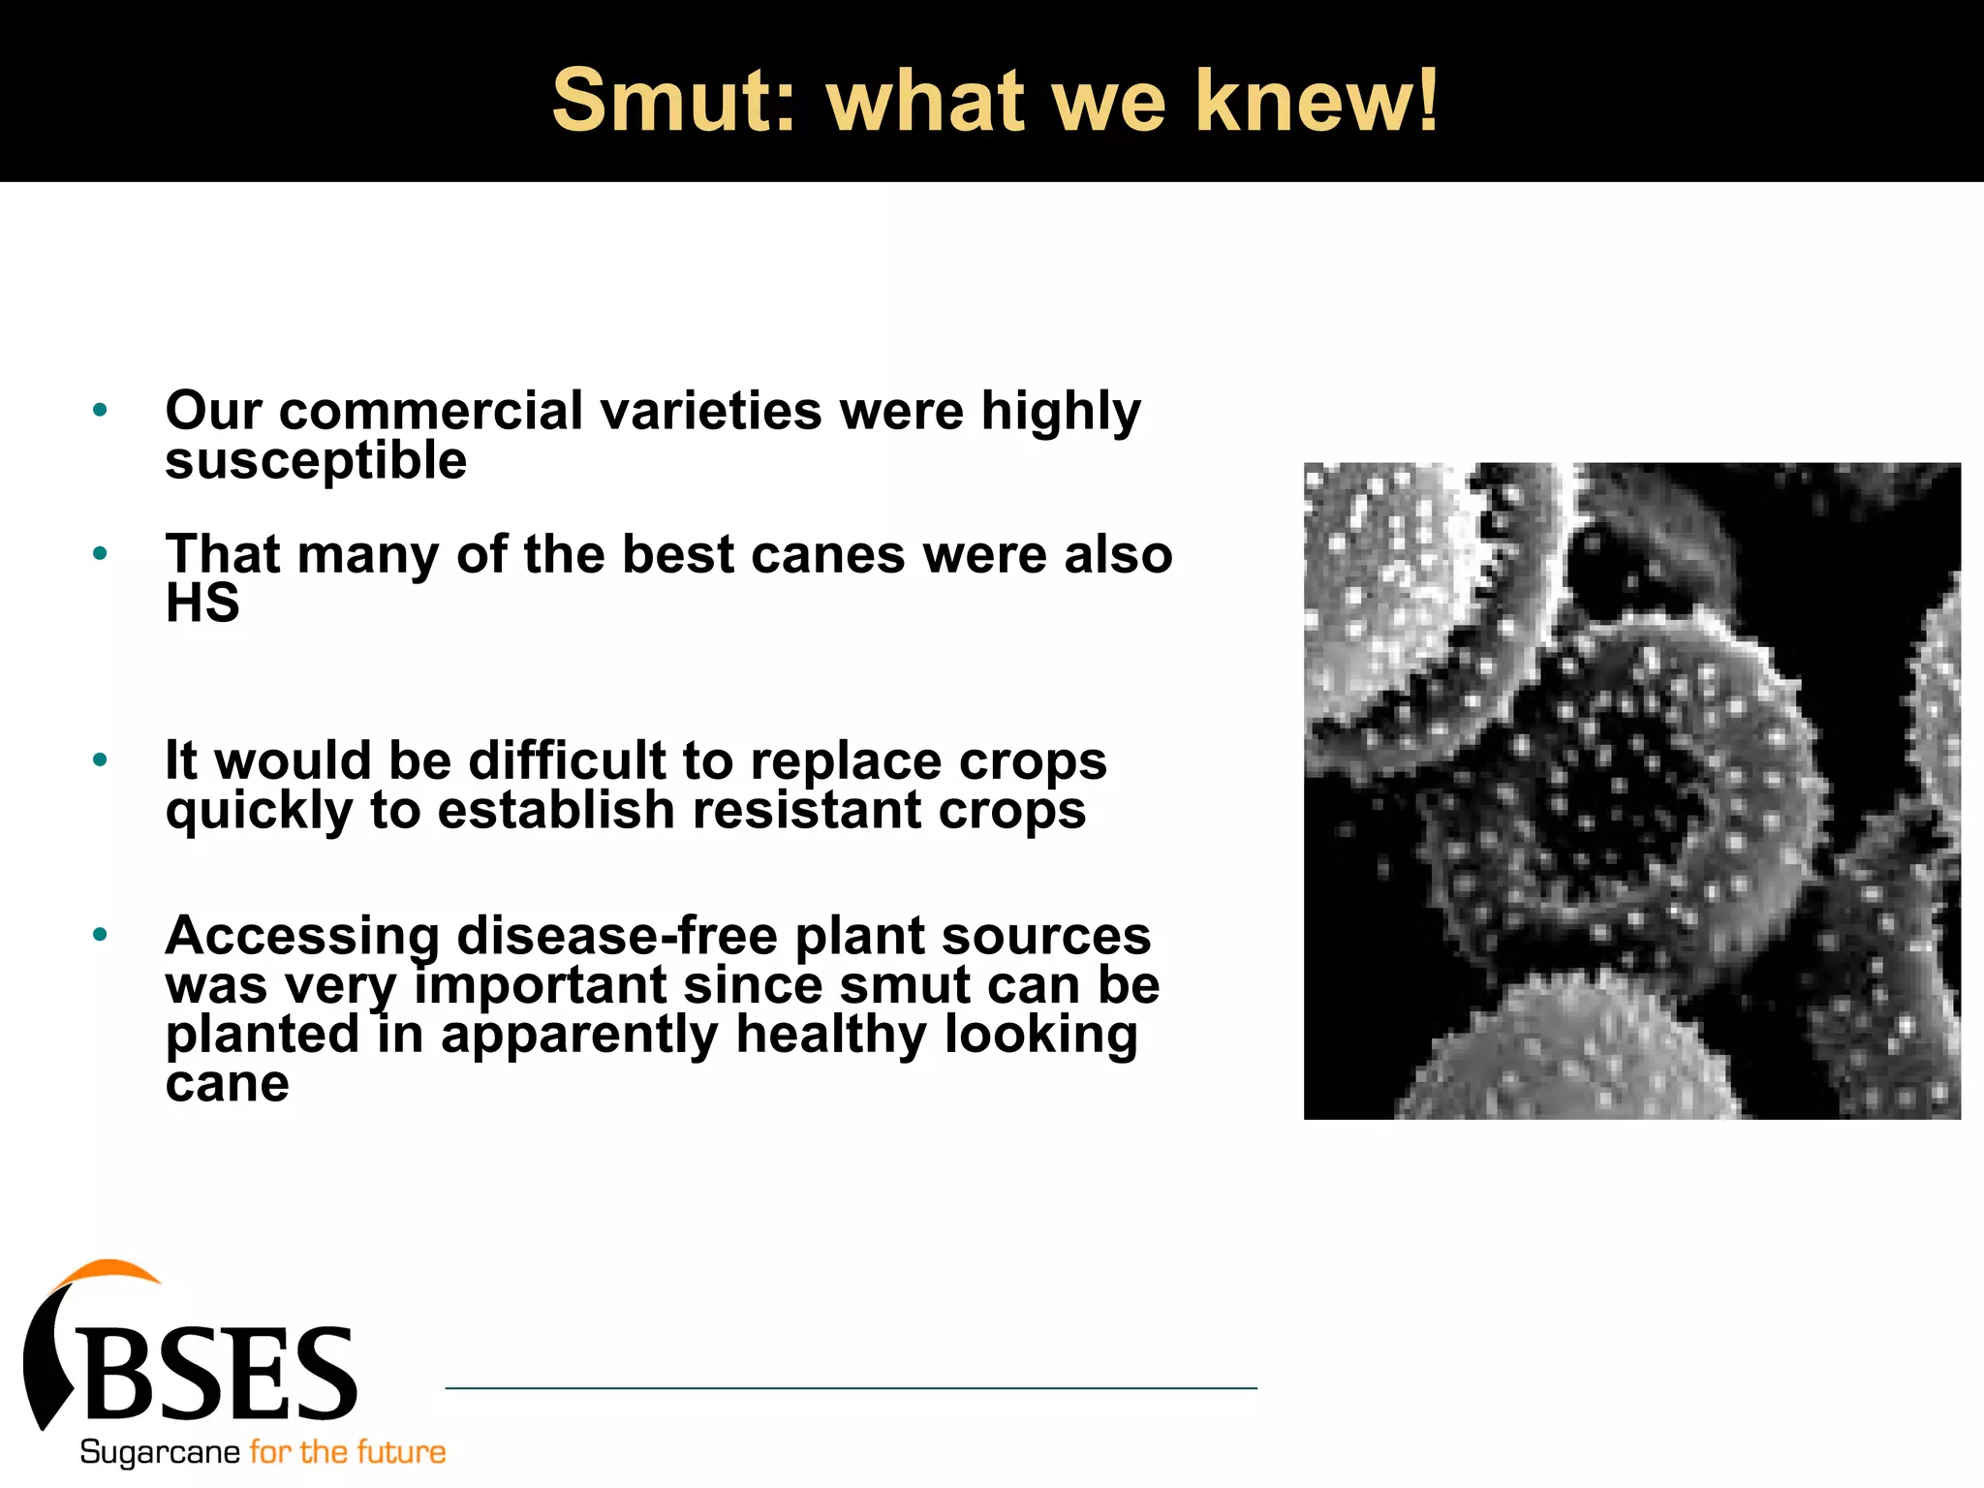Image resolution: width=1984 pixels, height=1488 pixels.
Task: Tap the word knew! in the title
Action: pyautogui.click(x=1317, y=100)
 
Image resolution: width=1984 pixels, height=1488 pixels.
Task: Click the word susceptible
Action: pyautogui.click(x=316, y=461)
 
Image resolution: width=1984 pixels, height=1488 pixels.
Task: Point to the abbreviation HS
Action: pyautogui.click(x=202, y=604)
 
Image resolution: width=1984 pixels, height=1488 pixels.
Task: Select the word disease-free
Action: pyautogui.click(x=617, y=936)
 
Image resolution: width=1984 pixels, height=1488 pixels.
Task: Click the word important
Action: pyautogui.click(x=542, y=985)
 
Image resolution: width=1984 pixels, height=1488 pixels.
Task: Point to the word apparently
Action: pyautogui.click(x=579, y=1035)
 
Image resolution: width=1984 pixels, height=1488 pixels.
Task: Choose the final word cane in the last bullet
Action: pyautogui.click(x=227, y=1084)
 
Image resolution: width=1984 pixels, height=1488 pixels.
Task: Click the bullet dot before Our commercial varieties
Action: pyautogui.click(x=100, y=411)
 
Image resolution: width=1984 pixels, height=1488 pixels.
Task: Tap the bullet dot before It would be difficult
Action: pyautogui.click(x=100, y=760)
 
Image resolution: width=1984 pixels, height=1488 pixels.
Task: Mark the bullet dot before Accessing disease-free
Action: pyautogui.click(x=100, y=936)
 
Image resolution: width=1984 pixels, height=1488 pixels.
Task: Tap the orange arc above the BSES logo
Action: pyautogui.click(x=107, y=1271)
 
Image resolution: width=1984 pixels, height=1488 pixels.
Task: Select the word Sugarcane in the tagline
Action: pyautogui.click(x=160, y=1452)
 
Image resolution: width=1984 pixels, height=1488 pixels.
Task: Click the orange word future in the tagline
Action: pyautogui.click(x=401, y=1452)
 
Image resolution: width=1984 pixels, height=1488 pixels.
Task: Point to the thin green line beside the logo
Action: pyautogui.click(x=851, y=1388)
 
